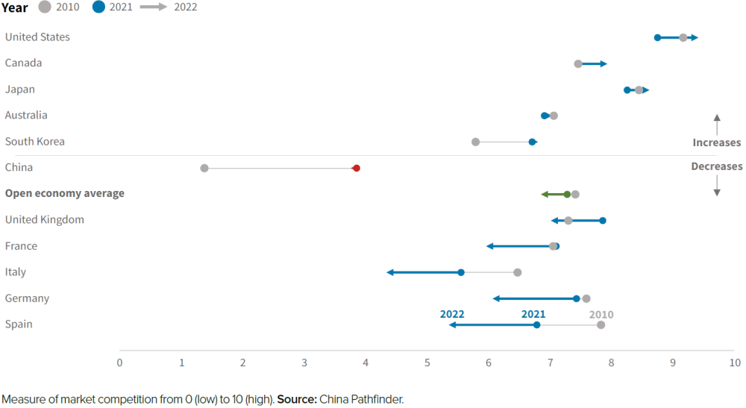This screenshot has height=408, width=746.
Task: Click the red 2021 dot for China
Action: click(x=357, y=169)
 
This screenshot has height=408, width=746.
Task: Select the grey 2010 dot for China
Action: click(x=204, y=169)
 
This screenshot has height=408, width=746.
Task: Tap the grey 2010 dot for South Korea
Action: click(x=476, y=142)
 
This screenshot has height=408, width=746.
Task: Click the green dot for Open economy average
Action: click(x=567, y=195)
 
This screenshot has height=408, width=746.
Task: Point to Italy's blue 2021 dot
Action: click(x=461, y=273)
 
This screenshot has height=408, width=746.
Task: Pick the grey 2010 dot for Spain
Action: click(x=601, y=325)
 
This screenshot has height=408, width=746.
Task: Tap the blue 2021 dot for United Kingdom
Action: click(x=603, y=221)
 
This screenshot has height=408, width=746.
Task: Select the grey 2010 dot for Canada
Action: click(x=578, y=64)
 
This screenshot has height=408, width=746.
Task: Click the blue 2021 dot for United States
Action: click(x=657, y=37)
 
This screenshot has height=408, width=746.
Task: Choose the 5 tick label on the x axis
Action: click(x=427, y=363)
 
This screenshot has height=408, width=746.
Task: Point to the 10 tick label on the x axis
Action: click(x=735, y=363)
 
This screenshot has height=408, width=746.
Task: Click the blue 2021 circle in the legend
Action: click(x=98, y=7)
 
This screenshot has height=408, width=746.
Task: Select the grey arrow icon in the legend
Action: click(x=153, y=7)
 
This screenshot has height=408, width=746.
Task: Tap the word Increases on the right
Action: click(x=716, y=142)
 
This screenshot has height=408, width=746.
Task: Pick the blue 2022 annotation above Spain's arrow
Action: click(x=452, y=315)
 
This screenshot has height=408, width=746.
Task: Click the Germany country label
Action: click(x=27, y=298)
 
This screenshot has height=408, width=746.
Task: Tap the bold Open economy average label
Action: click(x=65, y=194)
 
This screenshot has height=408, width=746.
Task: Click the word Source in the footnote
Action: click(x=296, y=400)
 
